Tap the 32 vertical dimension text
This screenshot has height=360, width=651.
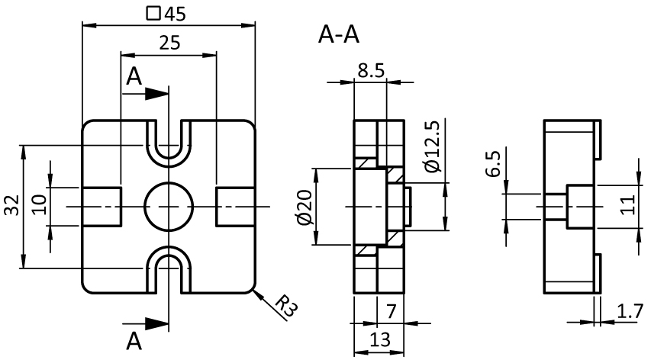11,206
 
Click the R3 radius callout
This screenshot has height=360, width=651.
285,307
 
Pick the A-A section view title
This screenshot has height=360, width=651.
337,35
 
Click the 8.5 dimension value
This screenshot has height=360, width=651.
370,71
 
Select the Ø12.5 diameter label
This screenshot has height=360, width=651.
431,146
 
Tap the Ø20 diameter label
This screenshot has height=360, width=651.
305,207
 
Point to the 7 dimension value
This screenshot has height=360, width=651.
392,311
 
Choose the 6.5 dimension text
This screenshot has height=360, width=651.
492,165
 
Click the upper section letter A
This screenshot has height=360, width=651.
134,76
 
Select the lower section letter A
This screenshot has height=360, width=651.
134,338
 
